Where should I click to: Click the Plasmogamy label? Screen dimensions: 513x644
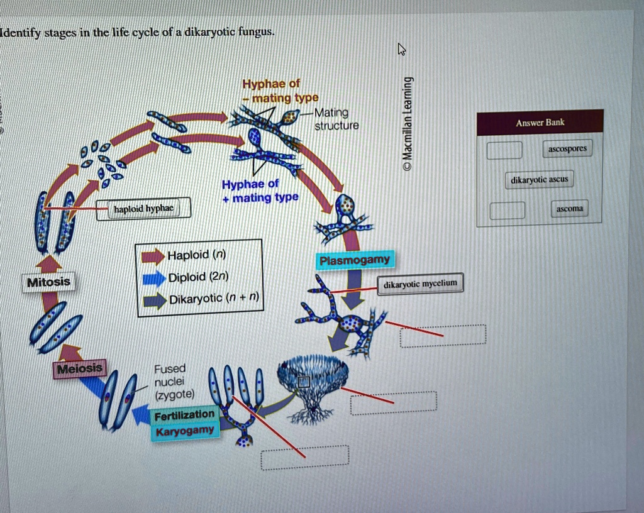point(354,260)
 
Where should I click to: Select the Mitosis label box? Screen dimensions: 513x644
point(49,282)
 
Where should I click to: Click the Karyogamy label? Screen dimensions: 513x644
point(185,431)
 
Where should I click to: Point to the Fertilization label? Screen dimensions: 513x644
point(184,415)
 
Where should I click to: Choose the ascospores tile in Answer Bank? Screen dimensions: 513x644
point(567,149)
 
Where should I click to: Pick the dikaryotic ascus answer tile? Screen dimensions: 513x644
point(539,180)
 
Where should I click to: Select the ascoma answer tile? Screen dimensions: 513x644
point(569,209)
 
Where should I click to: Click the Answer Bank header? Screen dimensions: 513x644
point(540,123)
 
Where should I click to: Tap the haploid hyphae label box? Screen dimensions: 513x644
point(143,209)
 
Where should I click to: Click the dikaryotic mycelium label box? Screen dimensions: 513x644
point(421,284)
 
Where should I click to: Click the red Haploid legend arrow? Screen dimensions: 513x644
point(152,256)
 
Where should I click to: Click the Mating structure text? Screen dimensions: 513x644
point(335,119)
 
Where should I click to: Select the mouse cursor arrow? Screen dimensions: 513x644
point(401,49)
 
